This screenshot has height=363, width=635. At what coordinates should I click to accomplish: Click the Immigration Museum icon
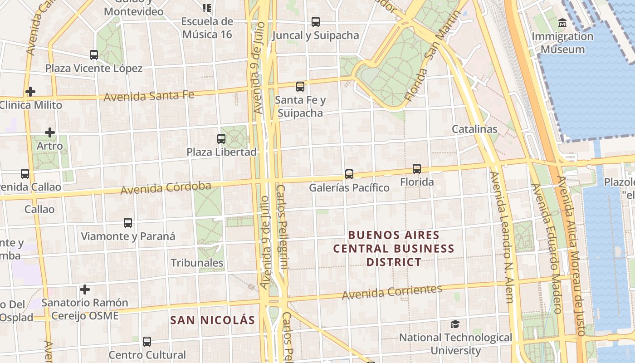(x=562, y=23)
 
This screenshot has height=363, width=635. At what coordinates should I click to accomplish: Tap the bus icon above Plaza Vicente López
(x=94, y=55)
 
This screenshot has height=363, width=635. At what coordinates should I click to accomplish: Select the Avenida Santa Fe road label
(x=149, y=96)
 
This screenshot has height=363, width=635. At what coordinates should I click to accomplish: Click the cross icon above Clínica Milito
(x=30, y=92)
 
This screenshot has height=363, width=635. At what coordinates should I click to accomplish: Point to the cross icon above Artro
(x=50, y=132)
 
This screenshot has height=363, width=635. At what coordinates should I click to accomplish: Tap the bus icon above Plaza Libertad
(x=221, y=139)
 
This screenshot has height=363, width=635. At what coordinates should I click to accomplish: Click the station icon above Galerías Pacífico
(x=349, y=174)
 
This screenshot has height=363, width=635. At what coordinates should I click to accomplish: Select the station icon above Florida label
(x=417, y=169)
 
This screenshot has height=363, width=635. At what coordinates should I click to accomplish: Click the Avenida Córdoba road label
(x=166, y=187)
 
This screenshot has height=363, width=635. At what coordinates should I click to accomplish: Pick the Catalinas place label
(x=474, y=129)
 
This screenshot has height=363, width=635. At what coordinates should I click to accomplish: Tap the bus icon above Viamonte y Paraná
(x=128, y=223)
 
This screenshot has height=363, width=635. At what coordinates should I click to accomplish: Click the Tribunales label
(x=197, y=263)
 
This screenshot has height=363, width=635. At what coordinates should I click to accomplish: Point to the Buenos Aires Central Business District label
(x=394, y=249)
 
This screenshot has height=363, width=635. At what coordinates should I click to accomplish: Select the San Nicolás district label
(x=213, y=320)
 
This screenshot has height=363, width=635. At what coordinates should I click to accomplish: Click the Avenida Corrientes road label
(x=392, y=292)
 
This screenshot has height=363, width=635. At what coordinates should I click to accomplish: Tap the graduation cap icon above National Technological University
(x=455, y=324)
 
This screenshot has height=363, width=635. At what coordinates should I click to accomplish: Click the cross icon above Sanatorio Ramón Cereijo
(x=85, y=289)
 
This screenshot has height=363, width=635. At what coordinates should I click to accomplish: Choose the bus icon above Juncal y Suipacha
(x=316, y=21)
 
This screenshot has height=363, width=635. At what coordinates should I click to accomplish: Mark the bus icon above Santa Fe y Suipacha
(x=300, y=87)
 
